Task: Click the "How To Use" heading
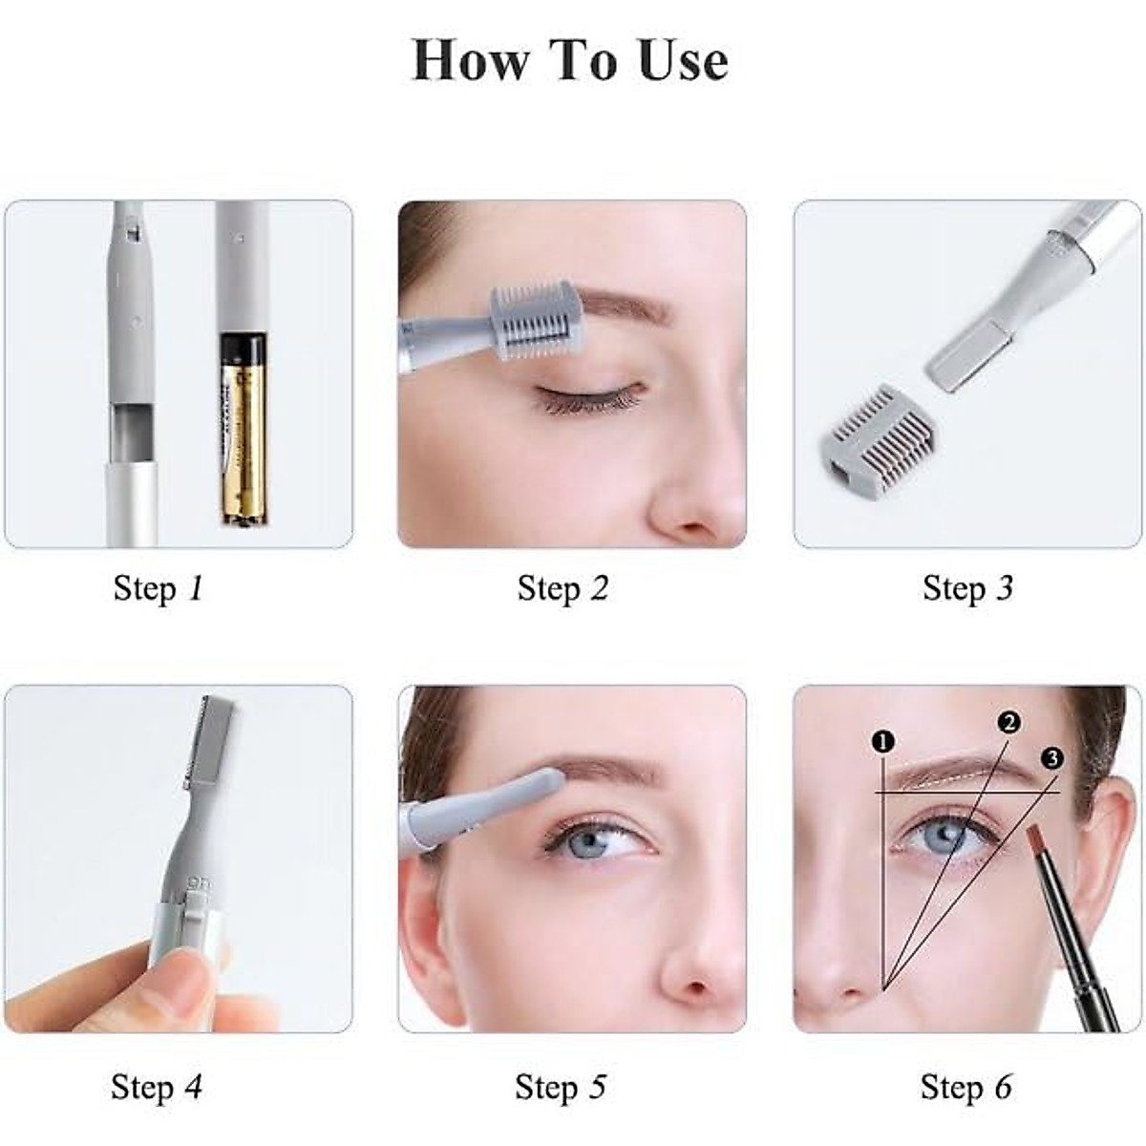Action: [x=570, y=61]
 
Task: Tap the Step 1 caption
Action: [x=159, y=588]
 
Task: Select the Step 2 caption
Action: [x=562, y=588]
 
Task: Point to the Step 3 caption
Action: [x=967, y=588]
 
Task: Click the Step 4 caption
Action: [x=157, y=1087]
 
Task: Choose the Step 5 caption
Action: [x=561, y=1087]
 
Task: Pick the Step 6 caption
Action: [x=966, y=1087]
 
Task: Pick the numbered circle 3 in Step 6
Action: [x=1051, y=758]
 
